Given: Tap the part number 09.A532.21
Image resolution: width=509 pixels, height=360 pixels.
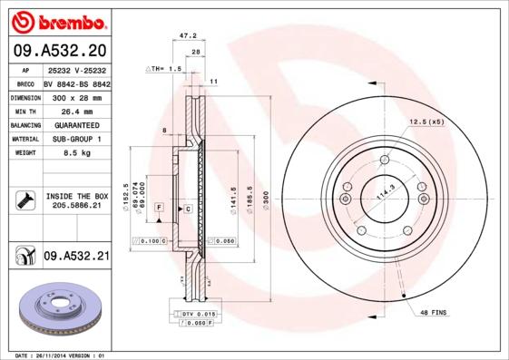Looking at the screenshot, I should pos(76,257).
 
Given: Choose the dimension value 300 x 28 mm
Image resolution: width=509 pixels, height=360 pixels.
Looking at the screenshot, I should pos(75,96).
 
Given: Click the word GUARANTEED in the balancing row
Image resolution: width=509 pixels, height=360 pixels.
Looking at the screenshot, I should pos(75,124).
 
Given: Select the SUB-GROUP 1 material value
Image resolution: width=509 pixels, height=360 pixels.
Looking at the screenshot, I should pos(75,139).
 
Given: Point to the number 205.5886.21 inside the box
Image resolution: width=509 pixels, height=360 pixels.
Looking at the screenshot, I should pos(76,206).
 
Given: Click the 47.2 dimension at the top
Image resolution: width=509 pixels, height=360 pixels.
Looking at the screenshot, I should pos(188,36).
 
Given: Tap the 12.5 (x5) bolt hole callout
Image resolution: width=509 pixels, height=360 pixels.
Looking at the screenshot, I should pos(426,121).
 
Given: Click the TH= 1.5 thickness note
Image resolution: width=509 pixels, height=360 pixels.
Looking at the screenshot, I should pos(164,69).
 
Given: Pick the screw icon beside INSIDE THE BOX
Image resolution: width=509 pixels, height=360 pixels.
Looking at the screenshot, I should pos(23,200).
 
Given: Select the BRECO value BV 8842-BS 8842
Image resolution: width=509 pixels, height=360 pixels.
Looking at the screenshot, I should pos(76,83).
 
